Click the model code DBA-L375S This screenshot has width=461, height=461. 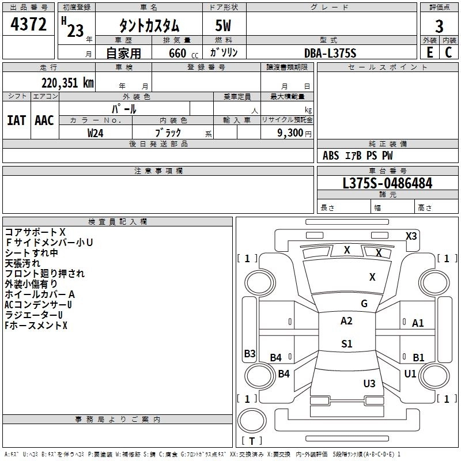(331, 53)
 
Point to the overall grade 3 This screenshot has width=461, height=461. (439, 26)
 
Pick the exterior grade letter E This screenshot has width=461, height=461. (429, 52)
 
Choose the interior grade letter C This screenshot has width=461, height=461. (448, 52)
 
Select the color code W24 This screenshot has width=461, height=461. (96, 133)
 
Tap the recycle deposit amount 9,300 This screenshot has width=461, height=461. (290, 133)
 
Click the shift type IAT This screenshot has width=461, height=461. (16, 120)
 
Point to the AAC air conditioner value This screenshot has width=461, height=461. (44, 120)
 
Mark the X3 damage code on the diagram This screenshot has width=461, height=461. (411, 236)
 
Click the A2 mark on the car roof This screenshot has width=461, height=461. (346, 321)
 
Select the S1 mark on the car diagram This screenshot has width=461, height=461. (346, 344)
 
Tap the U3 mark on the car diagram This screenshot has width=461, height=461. (369, 383)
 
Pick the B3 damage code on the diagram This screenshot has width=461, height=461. (250, 354)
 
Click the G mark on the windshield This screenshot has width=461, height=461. (364, 303)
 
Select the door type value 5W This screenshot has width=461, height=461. (224, 26)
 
